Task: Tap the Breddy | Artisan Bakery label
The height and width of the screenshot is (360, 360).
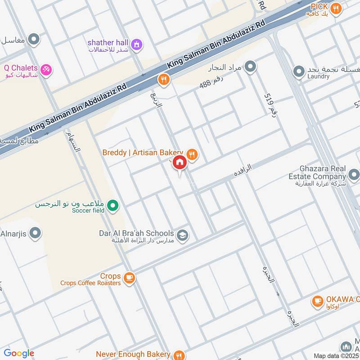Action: coord(143,153)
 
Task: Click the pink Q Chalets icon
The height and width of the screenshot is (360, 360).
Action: coord(46,69)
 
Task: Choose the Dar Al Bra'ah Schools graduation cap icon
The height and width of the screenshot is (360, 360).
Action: coord(182,235)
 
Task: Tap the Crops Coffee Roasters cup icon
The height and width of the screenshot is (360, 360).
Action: coord(130,278)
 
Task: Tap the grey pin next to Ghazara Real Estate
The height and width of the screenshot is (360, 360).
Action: coord(354,174)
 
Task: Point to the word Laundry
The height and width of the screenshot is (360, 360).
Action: coord(319,77)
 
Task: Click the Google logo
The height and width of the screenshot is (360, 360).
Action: coord(19,353)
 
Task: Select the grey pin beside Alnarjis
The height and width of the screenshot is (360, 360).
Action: coord(35,233)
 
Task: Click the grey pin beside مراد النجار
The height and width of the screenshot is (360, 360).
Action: coord(251,67)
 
